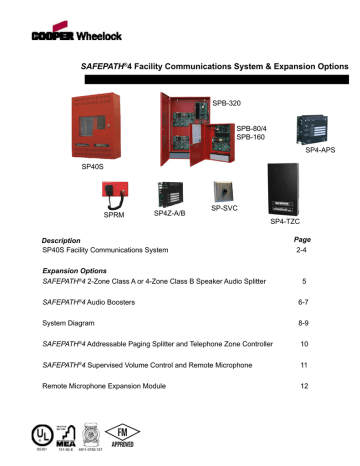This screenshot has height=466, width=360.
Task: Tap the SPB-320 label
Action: (226, 102)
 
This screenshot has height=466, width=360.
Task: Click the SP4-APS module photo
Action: (318, 126)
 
